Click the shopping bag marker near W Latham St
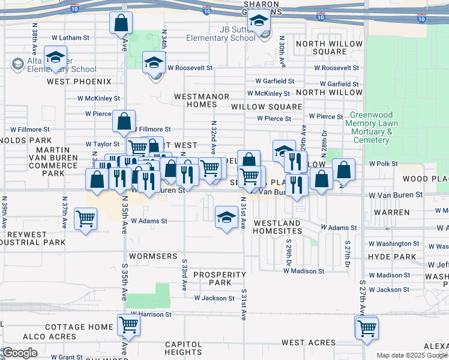(121, 23)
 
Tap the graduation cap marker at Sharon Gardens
(259, 22)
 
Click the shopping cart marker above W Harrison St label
(128, 325)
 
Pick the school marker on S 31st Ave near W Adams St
(226, 217)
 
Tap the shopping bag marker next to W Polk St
(344, 170)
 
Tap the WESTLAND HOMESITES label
(277, 227)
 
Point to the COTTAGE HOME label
(79, 327)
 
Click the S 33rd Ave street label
(184, 275)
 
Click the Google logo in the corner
(20, 353)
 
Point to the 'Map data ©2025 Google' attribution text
(411, 355)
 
